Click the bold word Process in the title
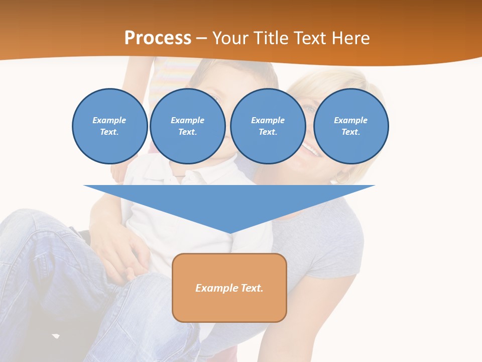coord(158,38)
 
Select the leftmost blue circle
coord(110,126)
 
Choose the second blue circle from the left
coord(187,126)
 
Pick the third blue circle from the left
coord(268,126)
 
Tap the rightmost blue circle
coord(350,126)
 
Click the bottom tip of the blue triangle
coord(229,232)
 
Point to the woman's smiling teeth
coord(309,149)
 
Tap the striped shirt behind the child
coord(168,75)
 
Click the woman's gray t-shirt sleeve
coord(341,251)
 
